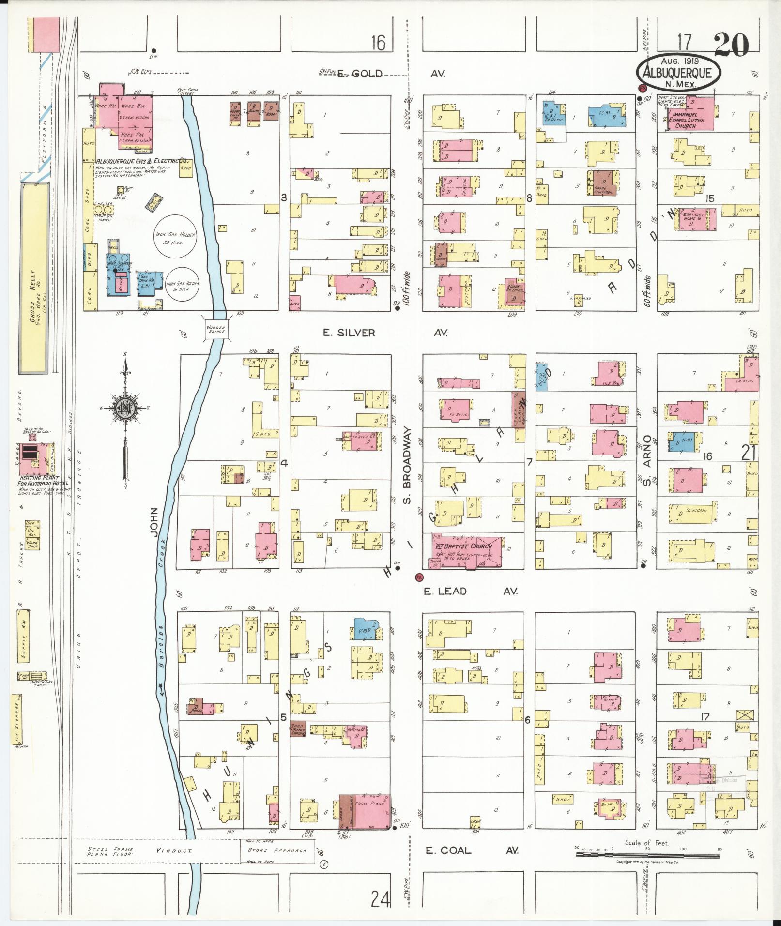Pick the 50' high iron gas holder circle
(x=175, y=238)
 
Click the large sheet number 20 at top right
(x=731, y=45)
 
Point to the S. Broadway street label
(x=407, y=465)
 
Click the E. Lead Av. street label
(x=470, y=591)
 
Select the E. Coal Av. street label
(x=471, y=850)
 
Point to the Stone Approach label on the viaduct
(x=277, y=850)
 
